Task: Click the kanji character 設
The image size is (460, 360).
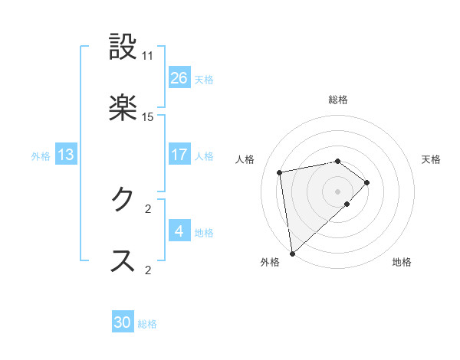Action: tap(123, 47)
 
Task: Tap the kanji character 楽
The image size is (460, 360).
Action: tap(123, 108)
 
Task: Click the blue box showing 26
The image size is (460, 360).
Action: tap(179, 77)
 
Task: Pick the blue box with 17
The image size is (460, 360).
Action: tap(179, 155)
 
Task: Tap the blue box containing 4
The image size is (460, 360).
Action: tap(179, 231)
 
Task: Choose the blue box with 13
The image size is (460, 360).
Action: tap(66, 155)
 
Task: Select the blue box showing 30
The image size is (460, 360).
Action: tap(123, 322)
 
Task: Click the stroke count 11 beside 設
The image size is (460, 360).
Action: tap(148, 56)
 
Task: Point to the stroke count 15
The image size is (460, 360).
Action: tap(148, 117)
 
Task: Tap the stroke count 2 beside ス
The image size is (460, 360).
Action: tap(148, 269)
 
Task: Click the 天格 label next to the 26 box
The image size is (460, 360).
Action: tap(204, 79)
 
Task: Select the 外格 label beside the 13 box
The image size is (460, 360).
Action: tap(41, 156)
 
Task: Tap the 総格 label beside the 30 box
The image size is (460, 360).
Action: tap(147, 324)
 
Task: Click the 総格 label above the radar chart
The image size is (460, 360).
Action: tap(338, 100)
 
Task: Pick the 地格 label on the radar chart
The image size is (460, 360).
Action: tap(402, 262)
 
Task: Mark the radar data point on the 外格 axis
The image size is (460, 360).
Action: tap(291, 253)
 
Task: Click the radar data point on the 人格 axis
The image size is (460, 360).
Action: tap(281, 172)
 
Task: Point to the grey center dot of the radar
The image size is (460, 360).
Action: tap(338, 191)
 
